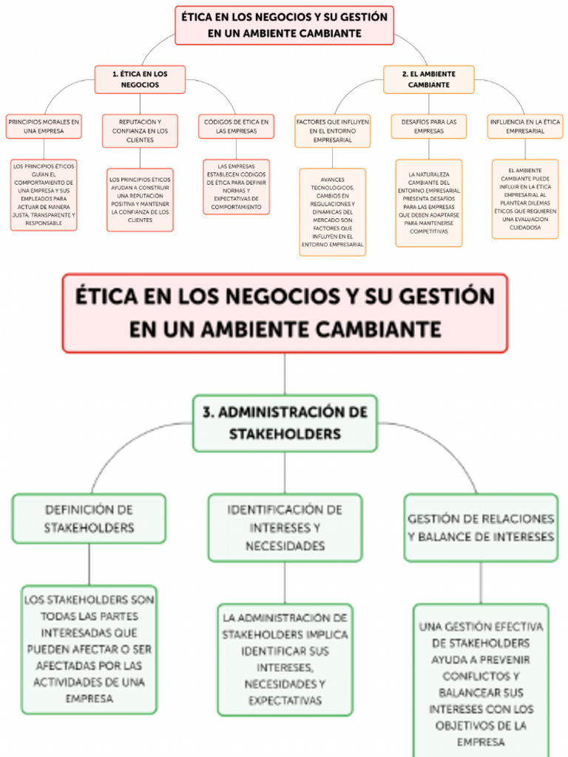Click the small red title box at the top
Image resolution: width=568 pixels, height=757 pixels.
click(x=284, y=25)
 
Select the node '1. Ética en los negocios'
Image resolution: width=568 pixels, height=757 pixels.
click(x=140, y=79)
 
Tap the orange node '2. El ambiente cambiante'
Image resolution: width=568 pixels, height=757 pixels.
click(x=428, y=79)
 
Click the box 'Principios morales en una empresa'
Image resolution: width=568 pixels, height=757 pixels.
click(x=44, y=126)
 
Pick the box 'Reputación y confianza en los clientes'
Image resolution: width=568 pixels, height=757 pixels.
click(x=140, y=131)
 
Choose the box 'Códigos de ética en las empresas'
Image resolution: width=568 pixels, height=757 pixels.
click(x=236, y=126)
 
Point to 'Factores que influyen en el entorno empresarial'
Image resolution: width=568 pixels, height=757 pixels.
click(x=332, y=131)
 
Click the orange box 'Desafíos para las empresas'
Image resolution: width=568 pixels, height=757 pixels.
click(x=428, y=126)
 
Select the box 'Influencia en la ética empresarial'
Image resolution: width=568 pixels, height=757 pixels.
click(x=524, y=126)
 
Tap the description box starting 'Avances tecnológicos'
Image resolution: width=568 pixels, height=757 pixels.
click(x=332, y=211)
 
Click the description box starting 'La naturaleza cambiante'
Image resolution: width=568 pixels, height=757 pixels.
click(x=428, y=203)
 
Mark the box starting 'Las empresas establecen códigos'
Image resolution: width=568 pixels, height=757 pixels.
click(x=236, y=187)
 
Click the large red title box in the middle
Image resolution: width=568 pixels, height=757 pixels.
click(x=285, y=313)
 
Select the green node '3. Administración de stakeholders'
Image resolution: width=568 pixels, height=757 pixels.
click(x=285, y=423)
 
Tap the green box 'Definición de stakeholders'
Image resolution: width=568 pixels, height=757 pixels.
click(x=89, y=518)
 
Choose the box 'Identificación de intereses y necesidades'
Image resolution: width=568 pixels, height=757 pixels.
click(x=285, y=528)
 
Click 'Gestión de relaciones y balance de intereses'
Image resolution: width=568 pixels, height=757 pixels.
click(x=481, y=528)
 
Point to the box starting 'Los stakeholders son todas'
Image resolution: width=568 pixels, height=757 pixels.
click(x=89, y=649)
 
